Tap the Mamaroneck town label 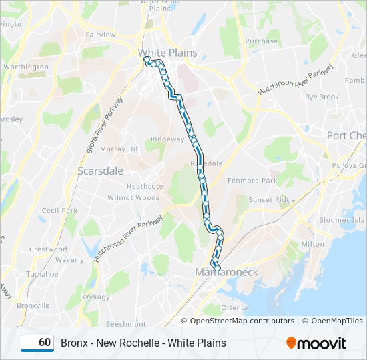226,272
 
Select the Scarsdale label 100,171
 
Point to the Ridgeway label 167,139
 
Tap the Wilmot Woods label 133,198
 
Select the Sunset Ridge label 272,200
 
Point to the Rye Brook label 322,97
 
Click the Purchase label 262,41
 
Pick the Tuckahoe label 42,274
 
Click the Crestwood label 48,249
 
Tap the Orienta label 234,307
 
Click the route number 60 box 37,343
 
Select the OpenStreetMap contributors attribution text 242,321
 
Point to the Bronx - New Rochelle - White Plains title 143,343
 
